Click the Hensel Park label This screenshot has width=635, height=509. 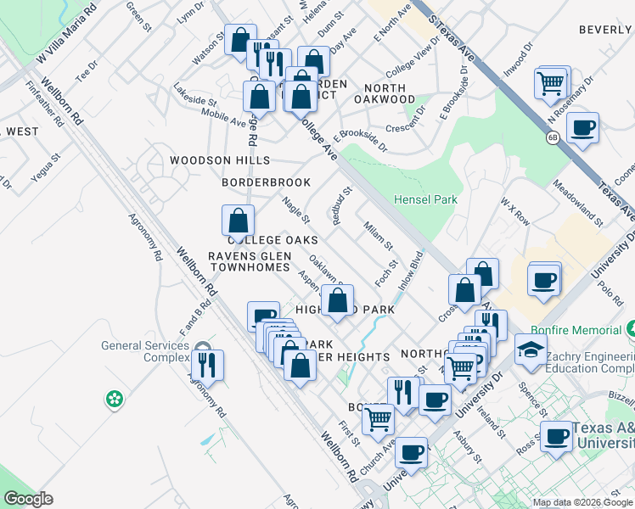(425, 200)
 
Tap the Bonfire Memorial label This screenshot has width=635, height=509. (580, 329)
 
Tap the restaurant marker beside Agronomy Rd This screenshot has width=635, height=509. (207, 366)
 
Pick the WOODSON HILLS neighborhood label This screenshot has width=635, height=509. (219, 160)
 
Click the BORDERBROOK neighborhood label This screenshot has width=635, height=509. (266, 182)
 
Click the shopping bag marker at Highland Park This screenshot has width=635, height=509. (337, 300)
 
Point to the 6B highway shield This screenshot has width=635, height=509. (552, 138)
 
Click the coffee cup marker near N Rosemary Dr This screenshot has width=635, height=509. (582, 128)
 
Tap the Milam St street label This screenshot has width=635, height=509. (378, 235)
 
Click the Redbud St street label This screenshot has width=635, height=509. (341, 208)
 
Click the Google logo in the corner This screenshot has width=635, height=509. (28, 499)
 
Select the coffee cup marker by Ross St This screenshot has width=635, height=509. (557, 437)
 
